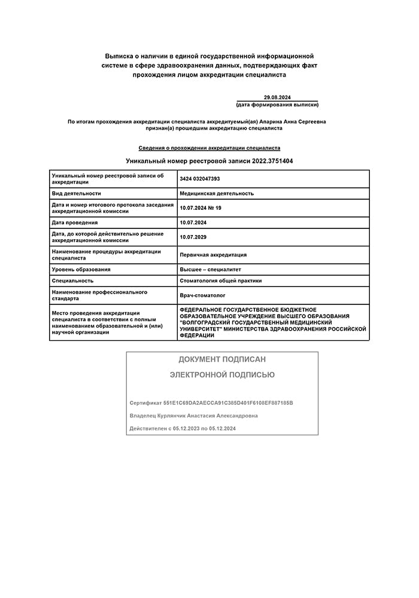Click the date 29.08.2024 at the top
click(x=277, y=97)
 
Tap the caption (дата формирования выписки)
click(x=277, y=105)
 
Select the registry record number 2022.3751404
click(x=272, y=161)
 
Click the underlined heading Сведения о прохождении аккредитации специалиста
click(x=209, y=148)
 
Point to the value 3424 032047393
click(x=200, y=178)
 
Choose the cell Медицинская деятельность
click(x=217, y=193)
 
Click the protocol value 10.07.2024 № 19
click(x=201, y=208)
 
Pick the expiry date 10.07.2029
click(x=193, y=237)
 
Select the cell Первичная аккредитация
click(x=213, y=255)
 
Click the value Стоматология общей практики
click(x=221, y=280)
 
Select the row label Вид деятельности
click(x=77, y=193)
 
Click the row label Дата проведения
click(x=75, y=222)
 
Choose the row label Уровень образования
click(x=81, y=270)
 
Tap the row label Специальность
click(x=73, y=280)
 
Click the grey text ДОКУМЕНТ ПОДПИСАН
click(x=222, y=359)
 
